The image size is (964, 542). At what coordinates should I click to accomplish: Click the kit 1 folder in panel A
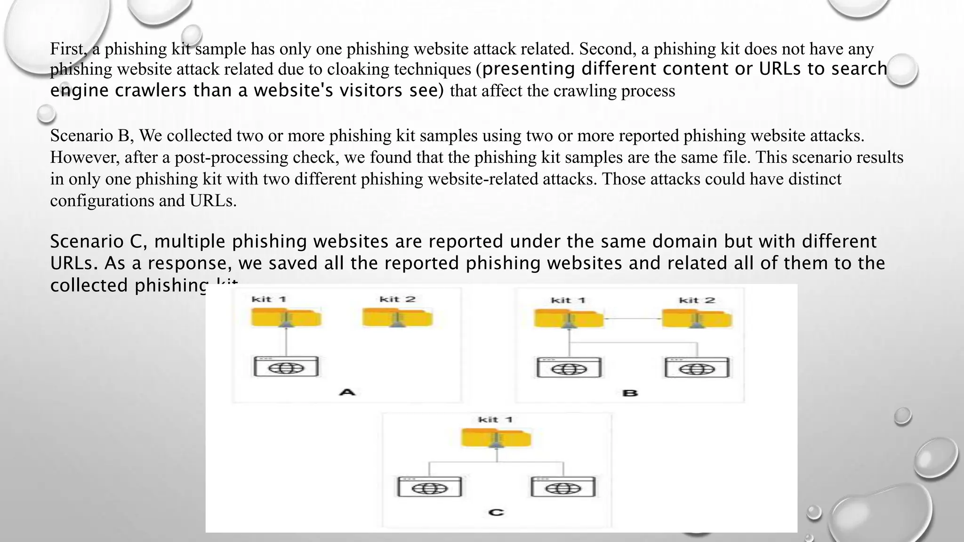tap(286, 318)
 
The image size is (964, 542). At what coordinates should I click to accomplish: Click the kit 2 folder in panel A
tap(397, 318)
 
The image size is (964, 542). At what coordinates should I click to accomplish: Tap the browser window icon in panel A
tap(286, 367)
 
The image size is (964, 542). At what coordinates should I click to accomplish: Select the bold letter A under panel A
tap(347, 391)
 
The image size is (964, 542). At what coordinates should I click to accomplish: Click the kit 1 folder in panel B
tap(569, 319)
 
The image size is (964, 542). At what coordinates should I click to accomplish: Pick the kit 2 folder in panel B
tap(697, 319)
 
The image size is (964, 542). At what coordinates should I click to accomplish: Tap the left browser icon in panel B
tap(569, 368)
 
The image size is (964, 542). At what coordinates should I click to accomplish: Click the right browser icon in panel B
tap(697, 368)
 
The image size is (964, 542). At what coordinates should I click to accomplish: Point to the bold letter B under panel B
tap(630, 393)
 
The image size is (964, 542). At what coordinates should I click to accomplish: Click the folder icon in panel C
tap(496, 438)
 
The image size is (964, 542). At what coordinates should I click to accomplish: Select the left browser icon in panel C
tap(429, 487)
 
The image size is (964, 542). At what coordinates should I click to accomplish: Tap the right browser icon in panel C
tap(563, 487)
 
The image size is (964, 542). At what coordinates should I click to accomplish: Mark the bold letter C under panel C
tap(496, 512)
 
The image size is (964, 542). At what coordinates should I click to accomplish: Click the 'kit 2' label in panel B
tap(697, 300)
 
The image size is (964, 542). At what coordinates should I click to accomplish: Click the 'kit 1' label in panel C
tap(495, 420)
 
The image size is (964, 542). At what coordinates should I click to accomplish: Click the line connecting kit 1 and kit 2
tap(633, 319)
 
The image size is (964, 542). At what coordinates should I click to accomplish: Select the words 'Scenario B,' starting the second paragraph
tap(92, 135)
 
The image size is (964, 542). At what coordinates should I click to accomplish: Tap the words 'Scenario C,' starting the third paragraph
tap(99, 241)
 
